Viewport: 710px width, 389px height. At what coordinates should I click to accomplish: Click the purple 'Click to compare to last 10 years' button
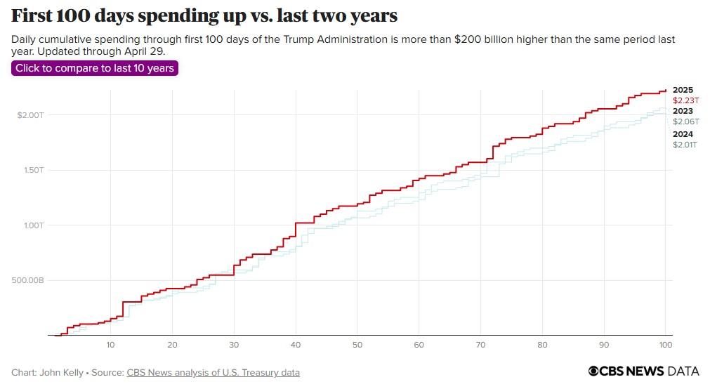pos(95,68)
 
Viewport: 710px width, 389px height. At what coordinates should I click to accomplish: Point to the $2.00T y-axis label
pos(30,114)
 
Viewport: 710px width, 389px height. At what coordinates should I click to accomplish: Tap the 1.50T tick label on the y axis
pos(34,170)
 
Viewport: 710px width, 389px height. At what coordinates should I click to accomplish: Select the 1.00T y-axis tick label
pos(34,225)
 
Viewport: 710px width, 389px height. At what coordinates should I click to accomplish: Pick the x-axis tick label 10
pos(110,345)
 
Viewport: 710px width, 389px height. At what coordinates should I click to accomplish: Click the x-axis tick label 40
pos(296,345)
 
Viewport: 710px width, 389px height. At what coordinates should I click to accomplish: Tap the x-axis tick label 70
pos(480,345)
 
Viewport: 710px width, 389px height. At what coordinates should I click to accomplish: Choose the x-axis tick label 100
pos(666,345)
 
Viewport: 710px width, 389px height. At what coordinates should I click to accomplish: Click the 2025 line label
pos(683,90)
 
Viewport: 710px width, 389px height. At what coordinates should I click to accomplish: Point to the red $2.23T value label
pos(685,100)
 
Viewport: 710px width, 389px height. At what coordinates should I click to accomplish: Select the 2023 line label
pos(683,111)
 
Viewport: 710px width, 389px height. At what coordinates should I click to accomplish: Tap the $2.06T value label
pos(685,121)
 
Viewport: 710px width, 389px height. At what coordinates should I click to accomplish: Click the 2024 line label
pos(683,134)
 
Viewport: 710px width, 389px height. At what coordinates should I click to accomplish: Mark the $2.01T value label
pos(685,145)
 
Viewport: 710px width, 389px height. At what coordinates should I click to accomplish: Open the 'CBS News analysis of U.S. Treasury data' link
pos(213,373)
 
